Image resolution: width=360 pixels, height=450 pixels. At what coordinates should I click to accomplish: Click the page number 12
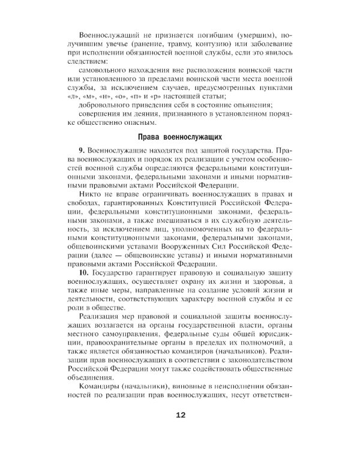tap(181, 415)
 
